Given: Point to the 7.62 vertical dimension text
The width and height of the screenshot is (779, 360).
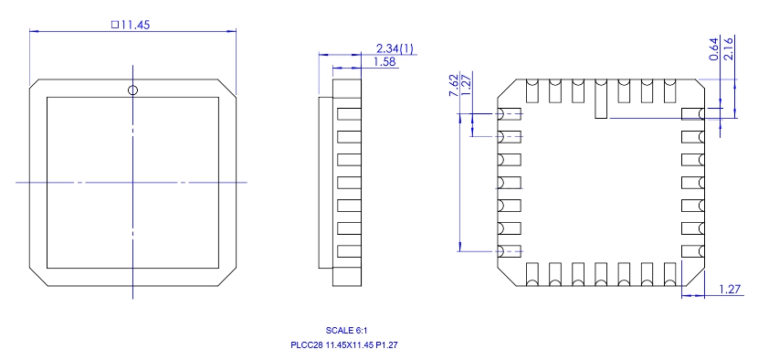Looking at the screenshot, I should (454, 87).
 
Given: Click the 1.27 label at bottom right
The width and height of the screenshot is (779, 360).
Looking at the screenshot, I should (729, 290).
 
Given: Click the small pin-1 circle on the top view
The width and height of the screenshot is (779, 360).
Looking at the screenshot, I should (132, 90).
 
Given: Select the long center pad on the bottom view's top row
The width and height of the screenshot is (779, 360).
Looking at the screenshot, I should (600, 99).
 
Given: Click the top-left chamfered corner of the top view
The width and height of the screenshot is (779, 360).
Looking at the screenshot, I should (38, 85).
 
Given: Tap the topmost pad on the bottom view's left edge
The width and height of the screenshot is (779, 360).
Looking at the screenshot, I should (509, 113).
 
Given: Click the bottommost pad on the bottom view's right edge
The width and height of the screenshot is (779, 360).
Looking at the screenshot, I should (692, 250).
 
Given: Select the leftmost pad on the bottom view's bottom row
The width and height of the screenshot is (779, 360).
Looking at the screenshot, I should (532, 273).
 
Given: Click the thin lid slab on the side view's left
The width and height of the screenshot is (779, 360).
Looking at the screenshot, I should (324, 181).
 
